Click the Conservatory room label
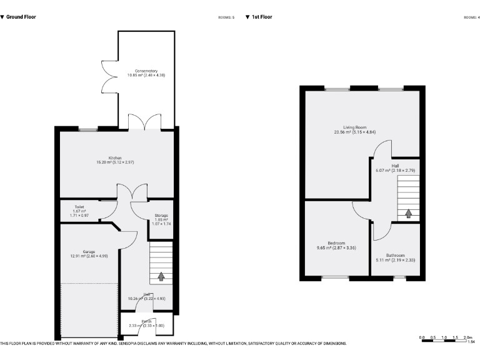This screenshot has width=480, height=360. pyautogui.click(x=146, y=71)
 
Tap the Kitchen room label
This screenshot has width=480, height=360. pyautogui.click(x=115, y=158)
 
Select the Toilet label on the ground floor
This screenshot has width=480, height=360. pyautogui.click(x=79, y=206)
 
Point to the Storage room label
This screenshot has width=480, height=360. pyautogui.click(x=161, y=216)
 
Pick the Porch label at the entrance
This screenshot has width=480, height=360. pyautogui.click(x=146, y=321)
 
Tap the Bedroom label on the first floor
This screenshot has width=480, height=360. pyautogui.click(x=336, y=243)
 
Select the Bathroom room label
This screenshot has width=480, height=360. pyautogui.click(x=395, y=255)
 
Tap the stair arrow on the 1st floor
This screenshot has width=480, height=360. pyautogui.click(x=409, y=213)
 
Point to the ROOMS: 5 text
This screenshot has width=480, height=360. pyautogui.click(x=226, y=17)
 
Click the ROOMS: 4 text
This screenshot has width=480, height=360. pyautogui.click(x=471, y=17)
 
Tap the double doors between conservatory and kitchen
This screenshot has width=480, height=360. pyautogui.click(x=144, y=122)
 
